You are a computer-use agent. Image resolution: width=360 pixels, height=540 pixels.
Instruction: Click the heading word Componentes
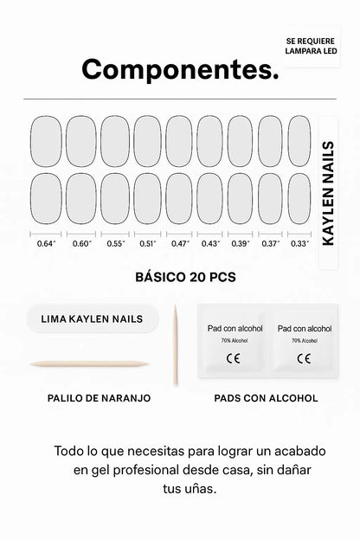(x=180, y=69)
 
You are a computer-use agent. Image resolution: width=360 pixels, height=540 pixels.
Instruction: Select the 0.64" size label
(x=46, y=243)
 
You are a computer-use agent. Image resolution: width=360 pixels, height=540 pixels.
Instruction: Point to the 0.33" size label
(x=299, y=243)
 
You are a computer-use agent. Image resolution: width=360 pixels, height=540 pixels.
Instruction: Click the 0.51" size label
(x=147, y=243)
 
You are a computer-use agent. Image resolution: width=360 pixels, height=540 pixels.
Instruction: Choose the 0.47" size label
(x=179, y=243)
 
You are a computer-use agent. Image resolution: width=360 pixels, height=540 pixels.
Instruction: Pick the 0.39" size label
(x=241, y=243)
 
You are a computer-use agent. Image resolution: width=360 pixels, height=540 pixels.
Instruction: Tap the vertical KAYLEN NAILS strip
(x=328, y=194)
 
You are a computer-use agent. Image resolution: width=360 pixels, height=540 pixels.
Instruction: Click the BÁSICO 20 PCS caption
(x=185, y=278)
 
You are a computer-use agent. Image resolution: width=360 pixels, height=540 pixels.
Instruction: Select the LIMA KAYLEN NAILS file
(x=92, y=318)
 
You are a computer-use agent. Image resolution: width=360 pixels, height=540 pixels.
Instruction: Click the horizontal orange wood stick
(x=89, y=363)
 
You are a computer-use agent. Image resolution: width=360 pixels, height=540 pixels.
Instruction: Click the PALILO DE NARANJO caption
(x=99, y=398)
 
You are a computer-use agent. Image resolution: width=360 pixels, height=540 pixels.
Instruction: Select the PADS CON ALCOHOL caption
(x=266, y=398)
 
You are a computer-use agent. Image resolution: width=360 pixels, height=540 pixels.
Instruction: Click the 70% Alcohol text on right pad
(x=304, y=341)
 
